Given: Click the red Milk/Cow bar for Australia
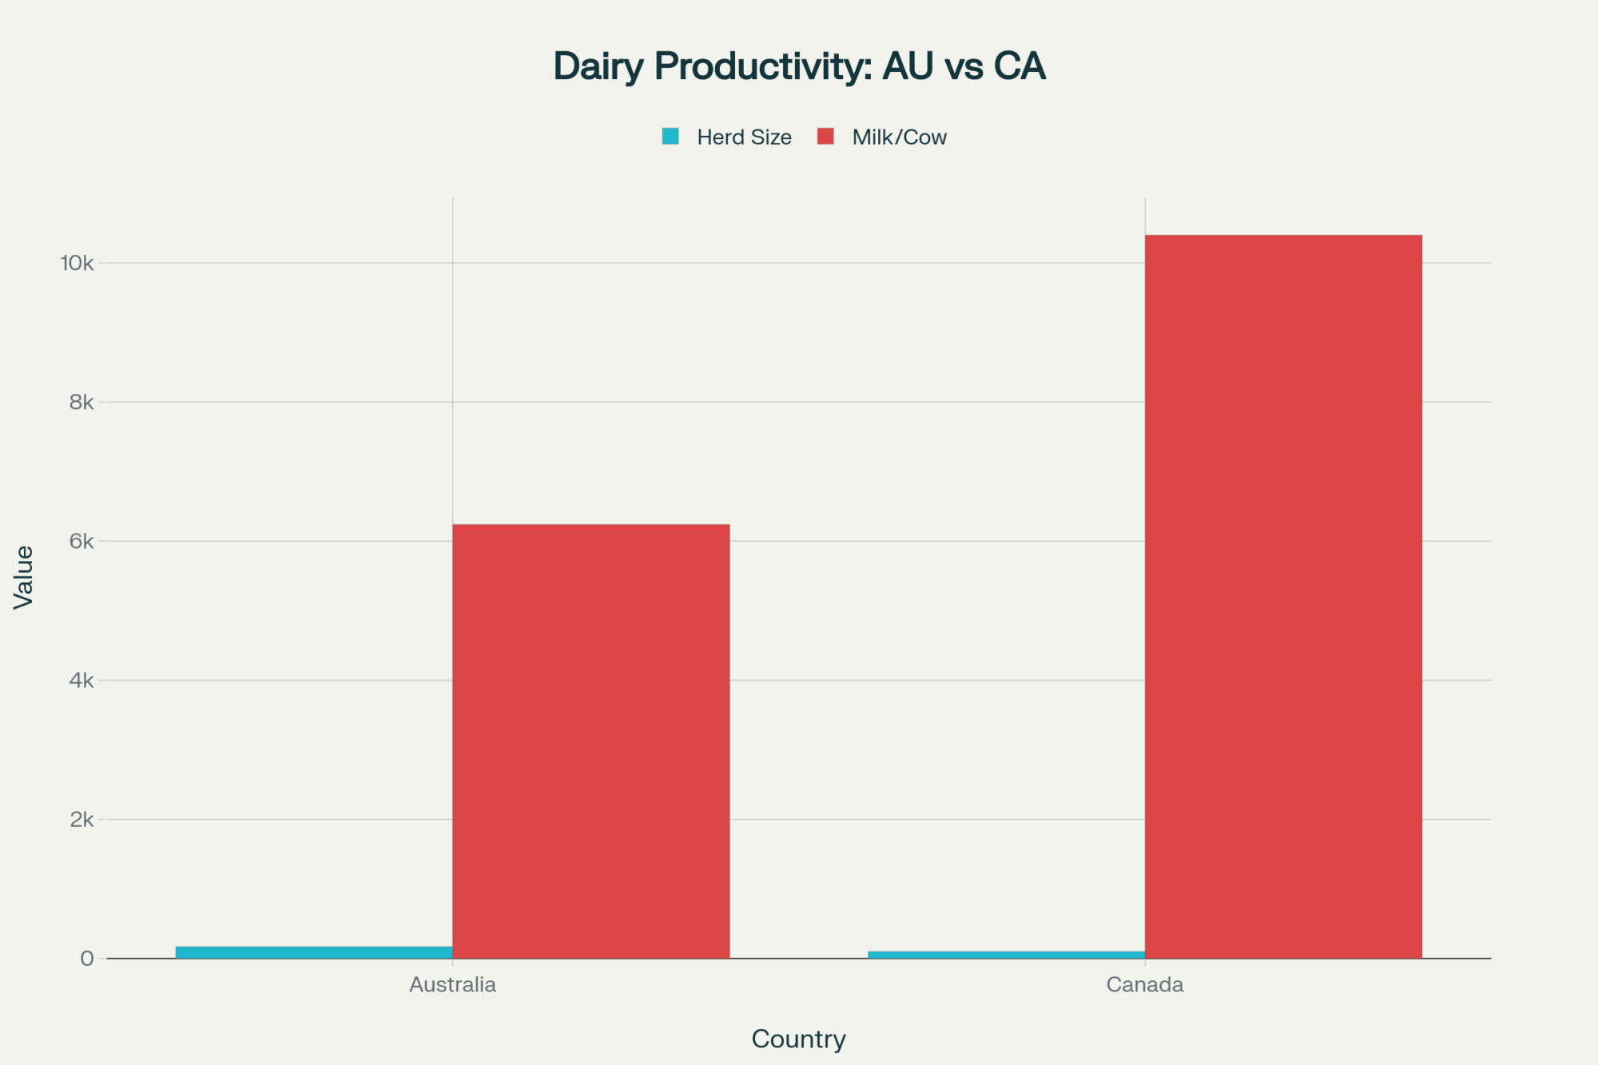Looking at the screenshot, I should pos(591,741).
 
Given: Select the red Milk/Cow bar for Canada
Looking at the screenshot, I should pos(1283,596).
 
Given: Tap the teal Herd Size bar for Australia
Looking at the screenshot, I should pos(314,952).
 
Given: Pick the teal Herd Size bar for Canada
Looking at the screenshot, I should pos(1006,954).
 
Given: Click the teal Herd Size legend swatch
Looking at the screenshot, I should pos(670,137).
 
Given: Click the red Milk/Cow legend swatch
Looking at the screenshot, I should pos(825,137).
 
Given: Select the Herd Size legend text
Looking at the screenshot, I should pos(744,137).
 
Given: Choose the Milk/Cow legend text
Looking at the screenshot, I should pos(899,137).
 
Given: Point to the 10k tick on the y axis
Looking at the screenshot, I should pos(77,263).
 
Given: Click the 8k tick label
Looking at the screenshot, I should pos(81,402).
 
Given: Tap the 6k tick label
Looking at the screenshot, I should pos(81,541).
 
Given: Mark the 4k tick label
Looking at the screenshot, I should pos(81,680).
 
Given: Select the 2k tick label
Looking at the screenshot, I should pos(81,819).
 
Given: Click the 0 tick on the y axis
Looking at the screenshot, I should pos(87,958).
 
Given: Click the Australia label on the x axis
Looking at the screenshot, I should pos(452,984).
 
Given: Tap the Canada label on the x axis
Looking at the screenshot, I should pos(1144,984).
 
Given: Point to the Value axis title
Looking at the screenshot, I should pos(24,577).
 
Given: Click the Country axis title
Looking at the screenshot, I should pos(798,1039).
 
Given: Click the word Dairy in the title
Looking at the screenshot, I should pos(598,66).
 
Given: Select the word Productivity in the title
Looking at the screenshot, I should pos(763,66).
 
